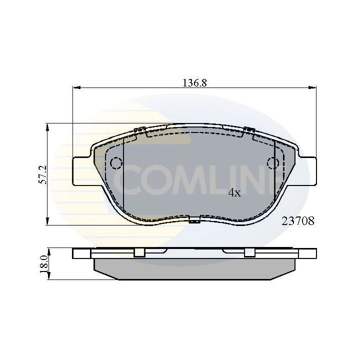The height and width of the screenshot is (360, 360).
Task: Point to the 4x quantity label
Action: click(234, 192)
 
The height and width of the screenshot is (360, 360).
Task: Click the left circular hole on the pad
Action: click(116, 163)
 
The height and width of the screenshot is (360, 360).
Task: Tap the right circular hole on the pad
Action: click(273, 163)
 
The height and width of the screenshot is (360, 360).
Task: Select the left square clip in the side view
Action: click(139, 253)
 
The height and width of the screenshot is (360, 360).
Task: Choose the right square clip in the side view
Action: click(249, 253)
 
